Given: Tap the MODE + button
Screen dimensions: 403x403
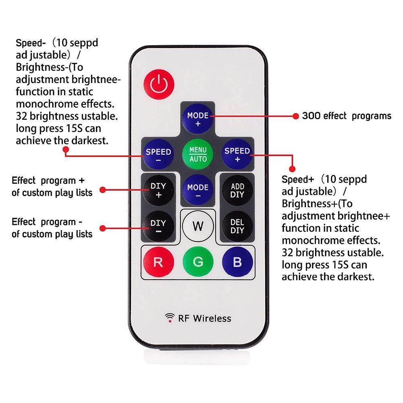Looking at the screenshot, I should pyautogui.click(x=198, y=118).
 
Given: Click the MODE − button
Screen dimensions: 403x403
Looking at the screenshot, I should pyautogui.click(x=198, y=191).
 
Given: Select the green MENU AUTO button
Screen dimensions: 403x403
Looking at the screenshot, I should pyautogui.click(x=198, y=154).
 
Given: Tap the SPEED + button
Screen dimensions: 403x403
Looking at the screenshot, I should pyautogui.click(x=237, y=154).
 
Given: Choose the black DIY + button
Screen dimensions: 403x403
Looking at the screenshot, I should pyautogui.click(x=158, y=190).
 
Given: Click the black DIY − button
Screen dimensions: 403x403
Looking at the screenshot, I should pyautogui.click(x=158, y=226).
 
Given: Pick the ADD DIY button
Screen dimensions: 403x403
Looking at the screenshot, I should pyautogui.click(x=237, y=190).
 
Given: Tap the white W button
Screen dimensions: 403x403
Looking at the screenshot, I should pyautogui.click(x=198, y=226).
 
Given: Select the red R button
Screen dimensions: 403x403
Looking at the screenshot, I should pyautogui.click(x=158, y=262).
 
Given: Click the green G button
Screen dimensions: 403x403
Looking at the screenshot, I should pyautogui.click(x=198, y=262).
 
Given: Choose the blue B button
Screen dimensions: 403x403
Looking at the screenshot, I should pyautogui.click(x=237, y=262).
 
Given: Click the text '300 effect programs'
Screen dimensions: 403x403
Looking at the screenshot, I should pyautogui.click(x=347, y=116).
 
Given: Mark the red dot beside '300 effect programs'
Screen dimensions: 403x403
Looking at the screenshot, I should pyautogui.click(x=296, y=116).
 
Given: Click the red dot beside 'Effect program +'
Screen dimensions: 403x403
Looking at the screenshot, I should pyautogui.click(x=102, y=189).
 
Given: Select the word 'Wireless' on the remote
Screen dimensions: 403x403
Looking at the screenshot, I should pyautogui.click(x=212, y=318).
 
